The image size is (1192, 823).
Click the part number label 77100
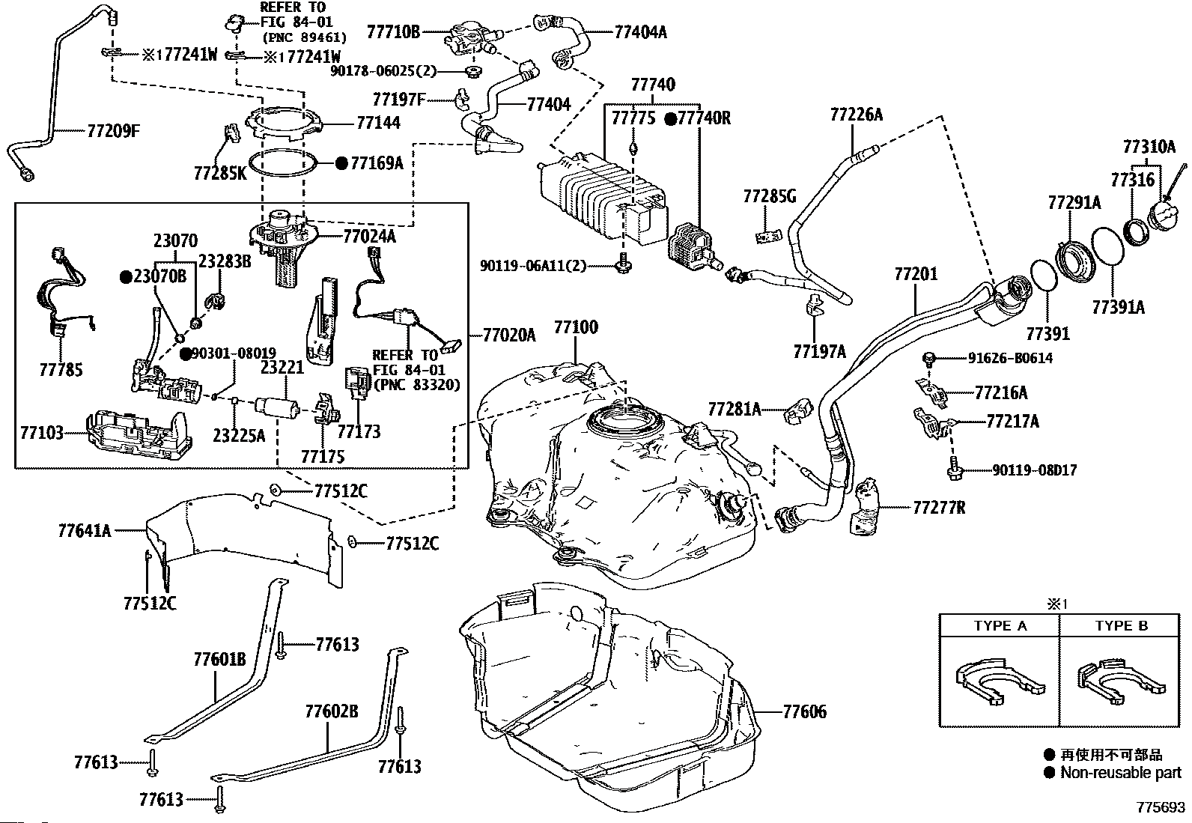(x=576, y=327)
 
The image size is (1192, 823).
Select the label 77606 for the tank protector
(x=805, y=711)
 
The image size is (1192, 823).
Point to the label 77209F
(x=113, y=130)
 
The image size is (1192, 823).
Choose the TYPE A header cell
(x=1000, y=626)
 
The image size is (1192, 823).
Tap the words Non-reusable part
(x=1121, y=772)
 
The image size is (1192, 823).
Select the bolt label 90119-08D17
(x=1035, y=470)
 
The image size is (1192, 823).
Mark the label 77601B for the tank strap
(x=220, y=660)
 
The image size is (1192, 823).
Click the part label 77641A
(x=85, y=531)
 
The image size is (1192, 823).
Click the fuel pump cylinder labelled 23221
(x=277, y=408)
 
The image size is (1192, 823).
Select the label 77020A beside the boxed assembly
(x=509, y=335)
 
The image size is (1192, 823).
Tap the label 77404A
(x=640, y=32)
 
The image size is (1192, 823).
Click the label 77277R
(x=939, y=507)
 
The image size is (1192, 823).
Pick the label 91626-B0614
(x=1010, y=358)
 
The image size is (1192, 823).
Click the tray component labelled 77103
(x=139, y=434)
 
